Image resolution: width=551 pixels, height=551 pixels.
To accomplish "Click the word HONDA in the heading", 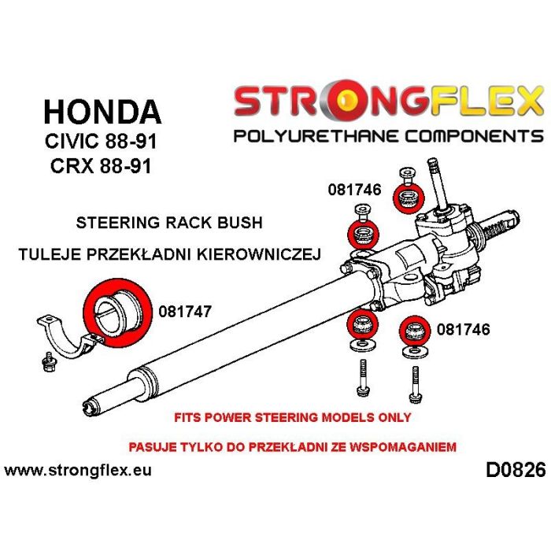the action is pyautogui.click(x=102, y=112).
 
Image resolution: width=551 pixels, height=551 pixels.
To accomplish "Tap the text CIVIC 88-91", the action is pyautogui.click(x=101, y=141).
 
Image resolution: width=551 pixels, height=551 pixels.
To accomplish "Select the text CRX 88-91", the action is pyautogui.click(x=101, y=166).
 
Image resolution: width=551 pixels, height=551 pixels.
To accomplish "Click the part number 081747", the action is pyautogui.click(x=185, y=312).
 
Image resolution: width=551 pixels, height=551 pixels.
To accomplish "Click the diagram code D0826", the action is pyautogui.click(x=516, y=470).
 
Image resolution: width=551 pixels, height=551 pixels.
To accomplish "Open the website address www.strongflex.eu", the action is pyautogui.click(x=78, y=470).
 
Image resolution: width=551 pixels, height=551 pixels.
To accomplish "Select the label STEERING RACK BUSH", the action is pyautogui.click(x=169, y=223).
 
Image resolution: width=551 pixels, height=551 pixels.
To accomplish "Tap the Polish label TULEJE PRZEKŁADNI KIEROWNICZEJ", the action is pyautogui.click(x=170, y=253).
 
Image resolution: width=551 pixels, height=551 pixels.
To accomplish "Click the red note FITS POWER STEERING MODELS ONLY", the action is pyautogui.click(x=293, y=417).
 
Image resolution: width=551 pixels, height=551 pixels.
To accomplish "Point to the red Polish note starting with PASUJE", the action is pyautogui.click(x=292, y=447).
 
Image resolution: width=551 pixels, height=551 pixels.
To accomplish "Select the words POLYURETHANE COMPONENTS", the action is pyautogui.click(x=389, y=135).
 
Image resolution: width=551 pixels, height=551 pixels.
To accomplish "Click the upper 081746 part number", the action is pyautogui.click(x=354, y=190).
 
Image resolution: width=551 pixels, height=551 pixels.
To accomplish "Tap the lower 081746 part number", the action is pyautogui.click(x=463, y=330).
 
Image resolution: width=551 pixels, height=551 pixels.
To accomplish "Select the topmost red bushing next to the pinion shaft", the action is pyautogui.click(x=409, y=198).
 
